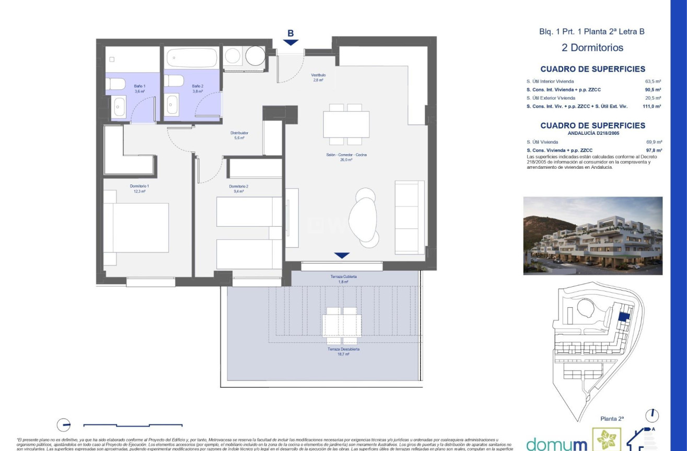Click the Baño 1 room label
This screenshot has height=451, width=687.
point(139,86)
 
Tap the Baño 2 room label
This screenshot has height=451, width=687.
point(197,86)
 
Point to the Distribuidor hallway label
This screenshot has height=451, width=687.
point(239,133)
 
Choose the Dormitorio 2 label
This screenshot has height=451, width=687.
point(238,187)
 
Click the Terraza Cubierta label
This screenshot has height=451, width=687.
point(343,276)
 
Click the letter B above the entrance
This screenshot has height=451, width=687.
point(290,33)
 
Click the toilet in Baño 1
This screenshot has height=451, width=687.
point(116,84)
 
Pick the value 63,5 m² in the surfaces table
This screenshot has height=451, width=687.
point(654,82)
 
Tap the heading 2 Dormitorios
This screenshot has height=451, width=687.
point(592,48)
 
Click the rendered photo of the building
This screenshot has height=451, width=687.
point(592,236)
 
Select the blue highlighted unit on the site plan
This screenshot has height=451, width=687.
point(623,316)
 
